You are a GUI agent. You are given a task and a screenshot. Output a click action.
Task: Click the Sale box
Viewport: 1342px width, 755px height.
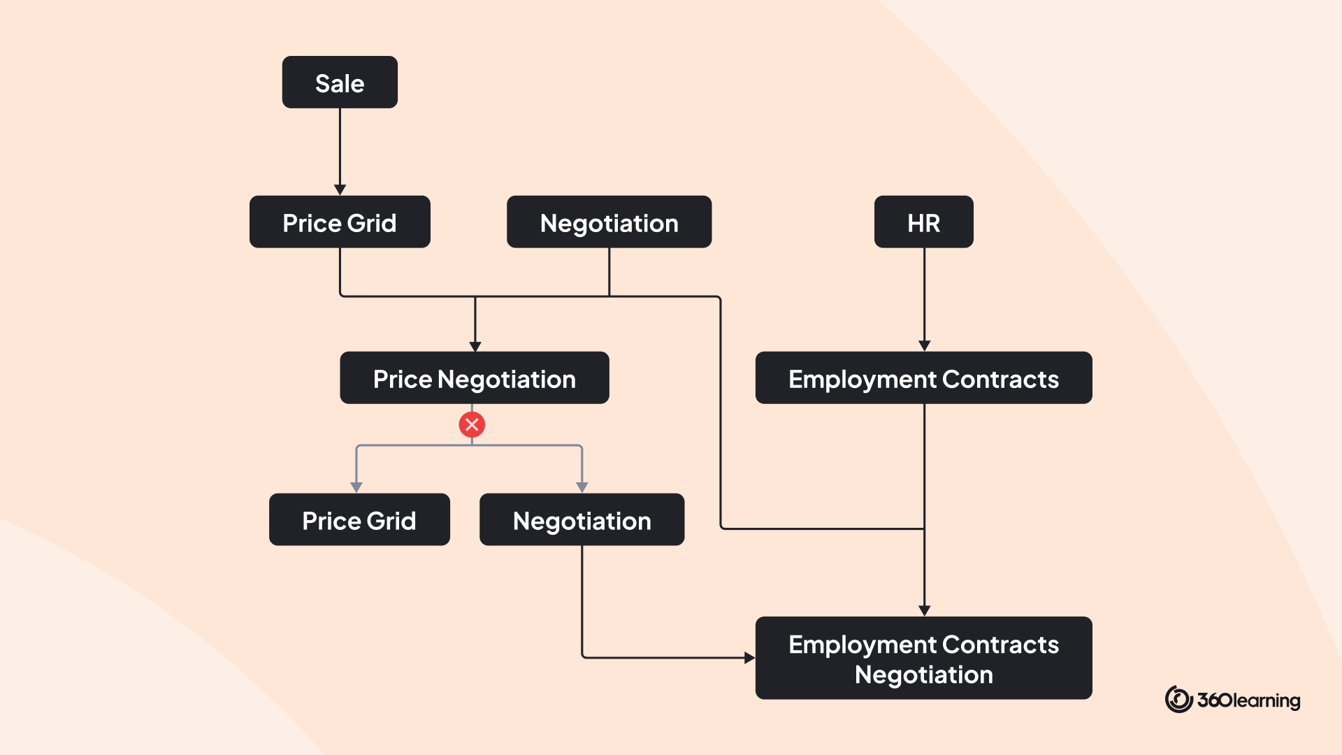[x=340, y=82]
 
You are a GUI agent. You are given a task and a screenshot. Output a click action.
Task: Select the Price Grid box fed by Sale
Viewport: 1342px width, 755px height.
[x=340, y=222]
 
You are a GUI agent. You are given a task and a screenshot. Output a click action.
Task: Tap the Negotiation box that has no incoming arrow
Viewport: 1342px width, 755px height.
[x=609, y=222]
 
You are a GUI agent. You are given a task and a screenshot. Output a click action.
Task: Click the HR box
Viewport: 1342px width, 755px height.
[x=923, y=222]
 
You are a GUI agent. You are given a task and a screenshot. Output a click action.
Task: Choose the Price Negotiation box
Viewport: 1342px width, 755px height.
[x=475, y=377]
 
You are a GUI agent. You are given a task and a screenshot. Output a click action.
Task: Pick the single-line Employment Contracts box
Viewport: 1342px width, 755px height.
[x=923, y=377]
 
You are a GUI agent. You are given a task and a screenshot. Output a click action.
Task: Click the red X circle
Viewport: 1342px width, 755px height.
[x=472, y=424]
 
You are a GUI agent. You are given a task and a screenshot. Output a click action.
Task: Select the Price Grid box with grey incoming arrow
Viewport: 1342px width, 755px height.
[x=359, y=519]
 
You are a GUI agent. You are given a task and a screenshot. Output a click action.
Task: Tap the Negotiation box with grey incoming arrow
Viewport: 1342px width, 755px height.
[x=582, y=519]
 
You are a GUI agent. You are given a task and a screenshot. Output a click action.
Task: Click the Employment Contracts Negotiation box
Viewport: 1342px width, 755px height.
[x=923, y=658]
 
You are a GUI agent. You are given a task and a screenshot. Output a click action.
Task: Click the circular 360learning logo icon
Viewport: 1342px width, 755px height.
[x=1178, y=699]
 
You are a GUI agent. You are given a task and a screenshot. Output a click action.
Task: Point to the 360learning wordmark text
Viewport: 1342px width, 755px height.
[x=1248, y=700]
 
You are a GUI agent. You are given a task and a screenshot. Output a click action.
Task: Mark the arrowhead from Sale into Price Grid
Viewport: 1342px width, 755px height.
[x=340, y=190]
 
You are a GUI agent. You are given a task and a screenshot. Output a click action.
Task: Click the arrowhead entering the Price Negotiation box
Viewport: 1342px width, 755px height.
[x=475, y=347]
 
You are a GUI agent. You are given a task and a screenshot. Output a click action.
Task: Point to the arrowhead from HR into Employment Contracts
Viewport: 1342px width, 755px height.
[x=924, y=346]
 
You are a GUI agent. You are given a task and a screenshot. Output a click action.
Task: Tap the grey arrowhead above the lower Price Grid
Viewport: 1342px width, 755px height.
[x=356, y=488]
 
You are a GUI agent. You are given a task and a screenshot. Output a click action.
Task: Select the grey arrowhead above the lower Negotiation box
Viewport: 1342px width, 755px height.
[x=582, y=488]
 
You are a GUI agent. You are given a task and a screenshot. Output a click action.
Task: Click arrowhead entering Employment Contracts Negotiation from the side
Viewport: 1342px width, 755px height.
[x=750, y=658]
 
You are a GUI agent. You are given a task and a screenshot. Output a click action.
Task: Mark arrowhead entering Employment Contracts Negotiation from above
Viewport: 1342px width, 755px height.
[x=924, y=611]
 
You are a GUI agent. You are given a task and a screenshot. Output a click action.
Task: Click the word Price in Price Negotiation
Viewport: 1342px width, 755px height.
[x=403, y=379]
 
